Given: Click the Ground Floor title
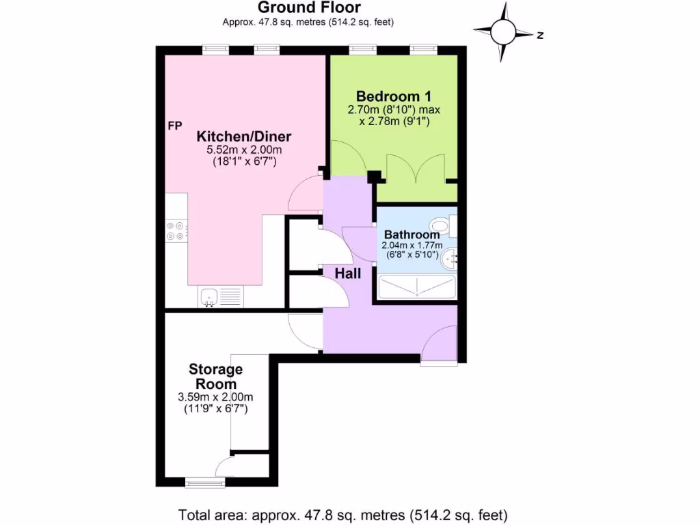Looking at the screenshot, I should click(x=308, y=8).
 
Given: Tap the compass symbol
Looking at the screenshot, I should click(x=504, y=31).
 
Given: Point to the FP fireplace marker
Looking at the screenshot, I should click(x=175, y=126).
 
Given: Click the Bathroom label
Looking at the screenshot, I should click(x=412, y=234).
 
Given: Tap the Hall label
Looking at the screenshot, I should click(x=348, y=273).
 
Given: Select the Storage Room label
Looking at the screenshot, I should click(x=216, y=377).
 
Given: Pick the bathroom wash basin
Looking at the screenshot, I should click(x=448, y=258).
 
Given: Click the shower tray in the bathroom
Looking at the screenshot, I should click(x=417, y=288).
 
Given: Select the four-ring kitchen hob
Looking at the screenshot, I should click(x=176, y=230).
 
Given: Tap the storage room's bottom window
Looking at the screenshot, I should click(x=205, y=482).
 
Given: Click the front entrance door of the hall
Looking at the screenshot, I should click(x=439, y=345).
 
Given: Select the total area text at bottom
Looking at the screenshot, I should click(x=343, y=514).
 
